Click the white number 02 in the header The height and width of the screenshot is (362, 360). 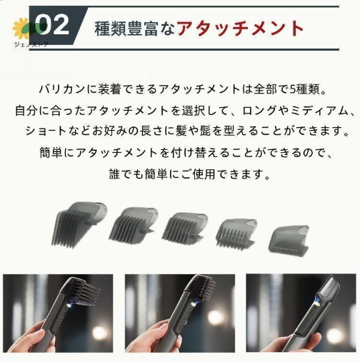pyautogui.click(x=52, y=24)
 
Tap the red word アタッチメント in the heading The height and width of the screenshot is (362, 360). pyautogui.click(x=240, y=29)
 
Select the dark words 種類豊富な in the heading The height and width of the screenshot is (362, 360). pyautogui.click(x=135, y=29)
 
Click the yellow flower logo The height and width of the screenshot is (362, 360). pyautogui.click(x=21, y=29)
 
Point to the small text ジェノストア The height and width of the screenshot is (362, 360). pyautogui.click(x=31, y=44)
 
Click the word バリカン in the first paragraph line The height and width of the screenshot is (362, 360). pyautogui.click(x=62, y=89)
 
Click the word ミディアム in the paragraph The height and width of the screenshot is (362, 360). pyautogui.click(x=319, y=111)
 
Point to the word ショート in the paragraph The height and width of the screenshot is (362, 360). pyautogui.click(x=46, y=131)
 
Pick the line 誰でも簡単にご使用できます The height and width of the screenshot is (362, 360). pyautogui.click(x=189, y=174)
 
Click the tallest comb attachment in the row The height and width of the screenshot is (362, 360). pyautogui.click(x=79, y=224)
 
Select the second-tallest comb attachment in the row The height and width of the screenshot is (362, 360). pyautogui.click(x=133, y=225)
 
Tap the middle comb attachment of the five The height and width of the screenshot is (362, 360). pyautogui.click(x=185, y=228)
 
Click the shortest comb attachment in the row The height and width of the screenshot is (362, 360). pyautogui.click(x=289, y=241)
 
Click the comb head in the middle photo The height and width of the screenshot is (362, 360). pyautogui.click(x=201, y=288)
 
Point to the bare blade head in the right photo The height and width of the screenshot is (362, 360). pyautogui.click(x=330, y=288)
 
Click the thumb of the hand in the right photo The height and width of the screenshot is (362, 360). pyautogui.click(x=313, y=339)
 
